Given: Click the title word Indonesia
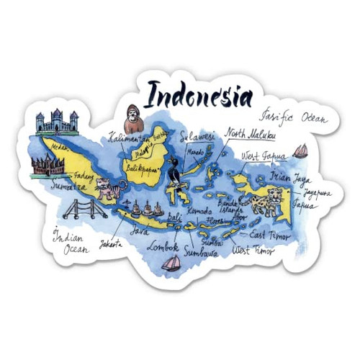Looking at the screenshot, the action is (x=199, y=95).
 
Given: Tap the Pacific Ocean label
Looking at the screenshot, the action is (x=295, y=115).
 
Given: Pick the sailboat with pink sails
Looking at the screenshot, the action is (x=171, y=264).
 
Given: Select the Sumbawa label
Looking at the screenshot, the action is (x=201, y=251).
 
